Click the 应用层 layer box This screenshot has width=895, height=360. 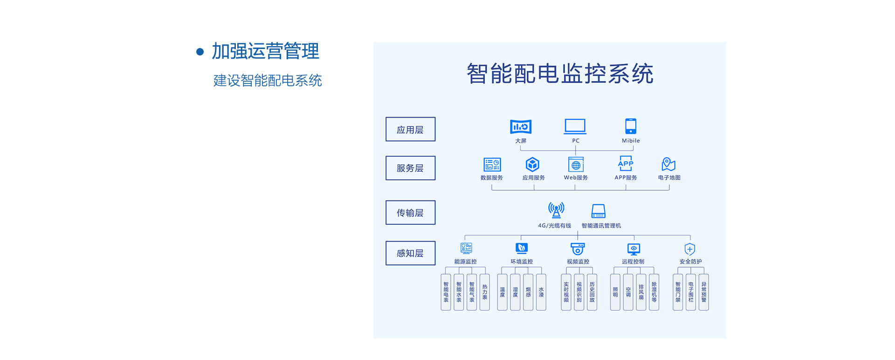point(410,129)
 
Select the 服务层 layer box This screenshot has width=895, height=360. point(410,168)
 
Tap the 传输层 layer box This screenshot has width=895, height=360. point(410,213)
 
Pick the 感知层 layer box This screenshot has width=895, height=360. point(410,253)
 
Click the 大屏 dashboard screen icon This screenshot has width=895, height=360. point(521,126)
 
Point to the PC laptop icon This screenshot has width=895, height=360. point(575,126)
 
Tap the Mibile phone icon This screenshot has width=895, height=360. point(631,126)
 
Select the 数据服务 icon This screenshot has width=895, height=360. point(492,164)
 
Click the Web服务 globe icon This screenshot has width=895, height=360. point(576,165)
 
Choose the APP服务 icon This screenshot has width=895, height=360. point(626,164)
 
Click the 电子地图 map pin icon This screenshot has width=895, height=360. point(668,164)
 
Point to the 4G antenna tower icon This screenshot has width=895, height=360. point(556,210)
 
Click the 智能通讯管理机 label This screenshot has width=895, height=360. point(601,226)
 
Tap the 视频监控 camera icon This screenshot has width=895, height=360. point(578,249)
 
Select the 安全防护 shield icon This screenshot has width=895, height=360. point(690,249)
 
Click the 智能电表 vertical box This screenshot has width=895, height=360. point(446,292)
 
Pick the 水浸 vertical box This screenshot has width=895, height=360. point(541,292)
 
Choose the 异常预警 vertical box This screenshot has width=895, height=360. point(704,292)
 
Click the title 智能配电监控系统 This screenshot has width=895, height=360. point(560,74)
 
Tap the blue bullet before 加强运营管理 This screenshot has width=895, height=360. point(200,52)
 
